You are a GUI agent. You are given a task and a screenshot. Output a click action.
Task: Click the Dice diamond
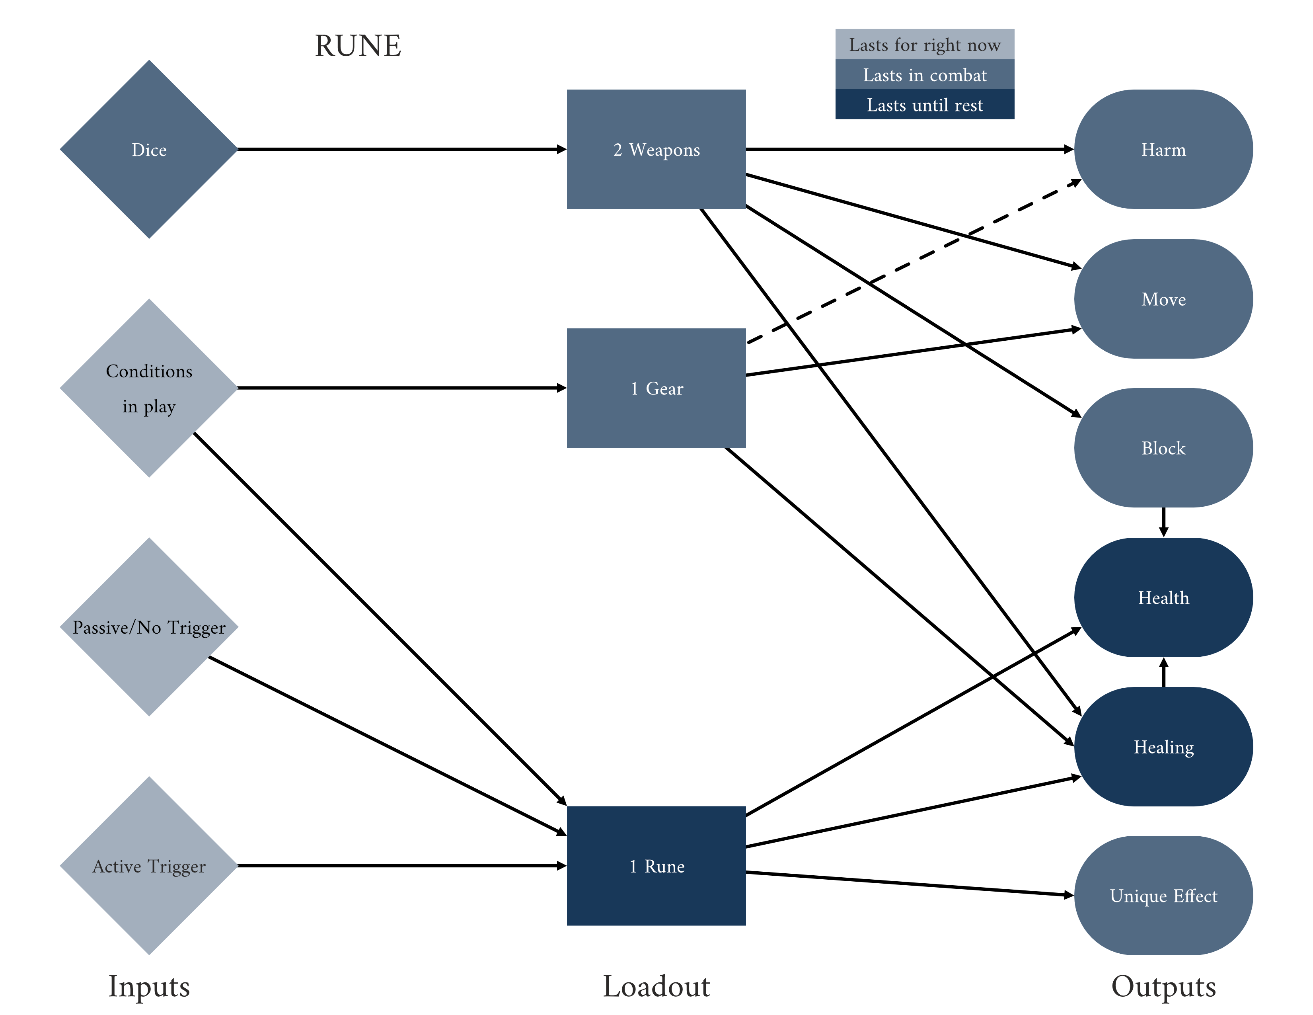149,149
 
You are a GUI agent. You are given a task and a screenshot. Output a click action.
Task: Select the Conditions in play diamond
149,388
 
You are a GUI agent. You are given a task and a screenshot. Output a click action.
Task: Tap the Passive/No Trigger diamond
149,627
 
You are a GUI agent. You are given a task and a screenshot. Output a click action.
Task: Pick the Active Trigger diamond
149,865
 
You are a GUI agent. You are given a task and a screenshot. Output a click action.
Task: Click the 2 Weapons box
656,149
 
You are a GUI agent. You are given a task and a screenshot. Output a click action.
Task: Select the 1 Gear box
656,388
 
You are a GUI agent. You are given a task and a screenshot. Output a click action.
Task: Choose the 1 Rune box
656,865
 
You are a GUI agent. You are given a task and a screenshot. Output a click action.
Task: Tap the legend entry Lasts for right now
924,45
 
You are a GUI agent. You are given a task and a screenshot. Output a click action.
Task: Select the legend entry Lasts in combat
924,74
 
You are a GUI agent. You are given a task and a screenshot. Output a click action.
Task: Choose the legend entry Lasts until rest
924,105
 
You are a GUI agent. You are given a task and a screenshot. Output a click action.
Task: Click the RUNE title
358,46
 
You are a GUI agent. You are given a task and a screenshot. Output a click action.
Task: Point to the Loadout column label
656,986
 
